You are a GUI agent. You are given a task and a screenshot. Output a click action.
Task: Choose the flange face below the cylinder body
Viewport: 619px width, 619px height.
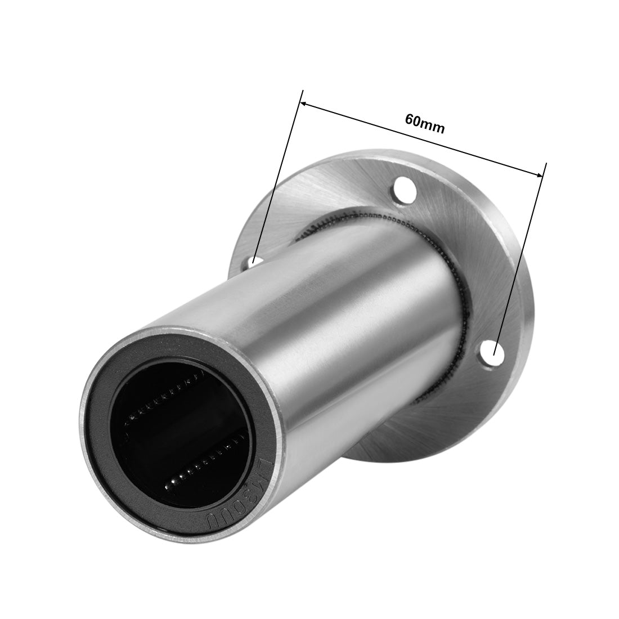(388, 433)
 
